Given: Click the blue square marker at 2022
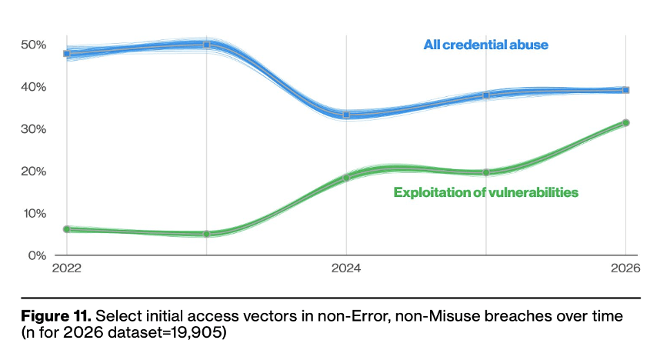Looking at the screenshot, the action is point(66,54).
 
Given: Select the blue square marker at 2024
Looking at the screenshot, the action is point(346,115).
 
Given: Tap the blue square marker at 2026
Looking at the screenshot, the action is point(626,90).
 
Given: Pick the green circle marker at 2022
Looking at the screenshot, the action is point(66,229).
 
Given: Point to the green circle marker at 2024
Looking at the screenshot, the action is point(346,178).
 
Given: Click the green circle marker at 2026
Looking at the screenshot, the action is point(626,122).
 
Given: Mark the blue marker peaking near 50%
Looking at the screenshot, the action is point(207,45).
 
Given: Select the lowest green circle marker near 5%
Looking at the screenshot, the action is point(207,234).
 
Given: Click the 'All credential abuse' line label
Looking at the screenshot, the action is point(485,45).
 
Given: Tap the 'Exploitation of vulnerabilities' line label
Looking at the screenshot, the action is point(485,192).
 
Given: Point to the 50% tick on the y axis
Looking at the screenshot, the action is point(33,45).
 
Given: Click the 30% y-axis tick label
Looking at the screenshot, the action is point(33,128).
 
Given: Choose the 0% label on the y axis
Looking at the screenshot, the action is point(37,255).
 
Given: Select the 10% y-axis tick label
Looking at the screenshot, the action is point(34,214).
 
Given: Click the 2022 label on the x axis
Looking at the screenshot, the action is point(66,268).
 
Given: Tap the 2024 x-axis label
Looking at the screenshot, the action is point(346,268).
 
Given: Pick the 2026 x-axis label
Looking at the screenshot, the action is point(625,268).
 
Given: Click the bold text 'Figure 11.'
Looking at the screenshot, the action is point(56,316).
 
